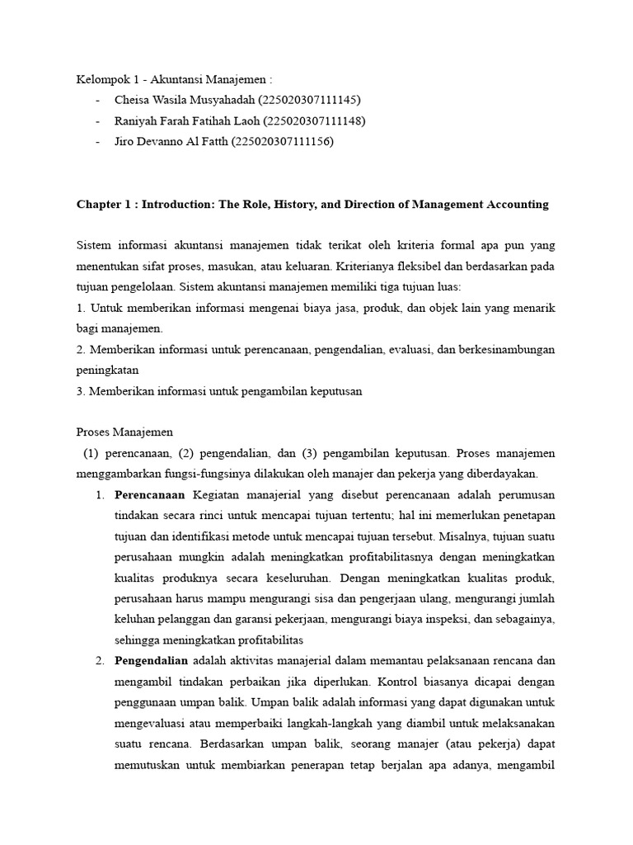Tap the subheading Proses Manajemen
pyautogui.click(x=124, y=432)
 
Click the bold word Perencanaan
pyautogui.click(x=151, y=494)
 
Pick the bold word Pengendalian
pyautogui.click(x=152, y=661)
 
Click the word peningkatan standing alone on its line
pyautogui.click(x=107, y=371)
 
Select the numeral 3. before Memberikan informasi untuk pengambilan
pyautogui.click(x=81, y=391)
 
